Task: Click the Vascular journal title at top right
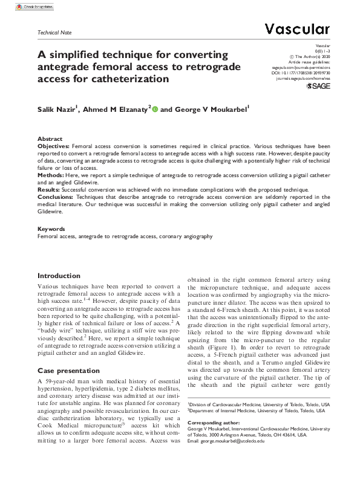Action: coord(297,28)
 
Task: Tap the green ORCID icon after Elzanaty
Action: coord(155,109)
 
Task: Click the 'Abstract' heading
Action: coord(50,139)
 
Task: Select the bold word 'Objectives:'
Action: coord(54,146)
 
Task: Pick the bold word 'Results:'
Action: coord(50,190)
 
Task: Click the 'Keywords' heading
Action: coord(51,230)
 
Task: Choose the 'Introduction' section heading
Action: coord(59,275)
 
